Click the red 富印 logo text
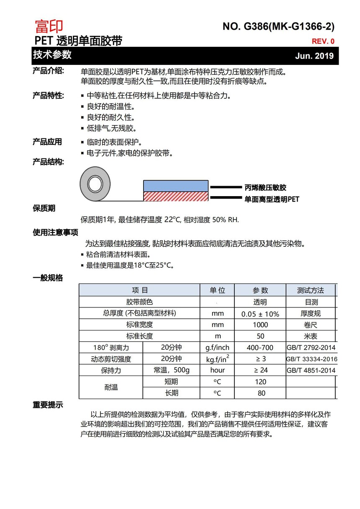point(49,26)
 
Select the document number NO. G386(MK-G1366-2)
point(278,27)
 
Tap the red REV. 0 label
point(323,41)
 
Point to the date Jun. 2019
point(314,56)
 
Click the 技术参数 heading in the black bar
point(52,55)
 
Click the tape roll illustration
point(95,183)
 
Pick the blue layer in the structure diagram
point(176,186)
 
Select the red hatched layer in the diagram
point(176,197)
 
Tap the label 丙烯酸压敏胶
point(265,188)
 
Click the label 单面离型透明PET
point(272,200)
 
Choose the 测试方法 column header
point(310,290)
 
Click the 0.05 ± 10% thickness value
point(260,314)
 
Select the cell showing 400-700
point(260,348)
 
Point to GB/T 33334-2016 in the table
point(312,359)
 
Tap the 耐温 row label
point(111,387)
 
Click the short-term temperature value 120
point(260,382)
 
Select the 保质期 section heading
point(44,208)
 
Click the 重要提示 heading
point(48,405)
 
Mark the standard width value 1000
point(260,325)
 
